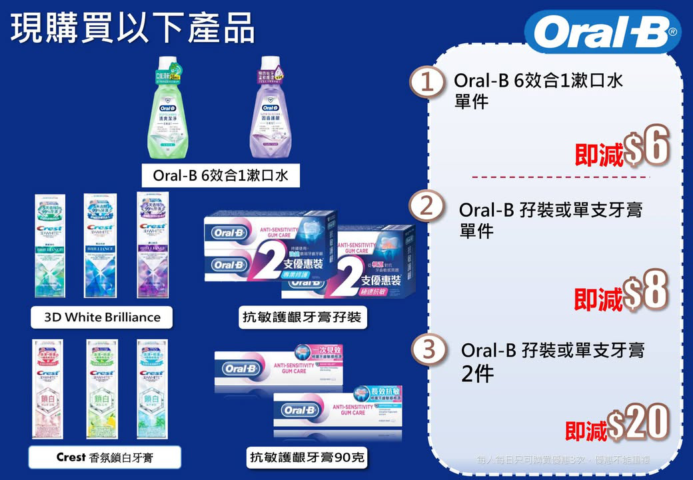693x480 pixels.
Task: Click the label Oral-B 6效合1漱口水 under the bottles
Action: [221, 176]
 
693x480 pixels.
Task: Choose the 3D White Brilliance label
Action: [102, 317]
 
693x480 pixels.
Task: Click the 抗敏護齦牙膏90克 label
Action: [307, 457]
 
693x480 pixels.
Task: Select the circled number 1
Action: [426, 85]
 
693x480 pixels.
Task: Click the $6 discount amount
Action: [646, 148]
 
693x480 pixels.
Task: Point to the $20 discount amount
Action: [638, 423]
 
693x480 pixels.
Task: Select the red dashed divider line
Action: [560, 177]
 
